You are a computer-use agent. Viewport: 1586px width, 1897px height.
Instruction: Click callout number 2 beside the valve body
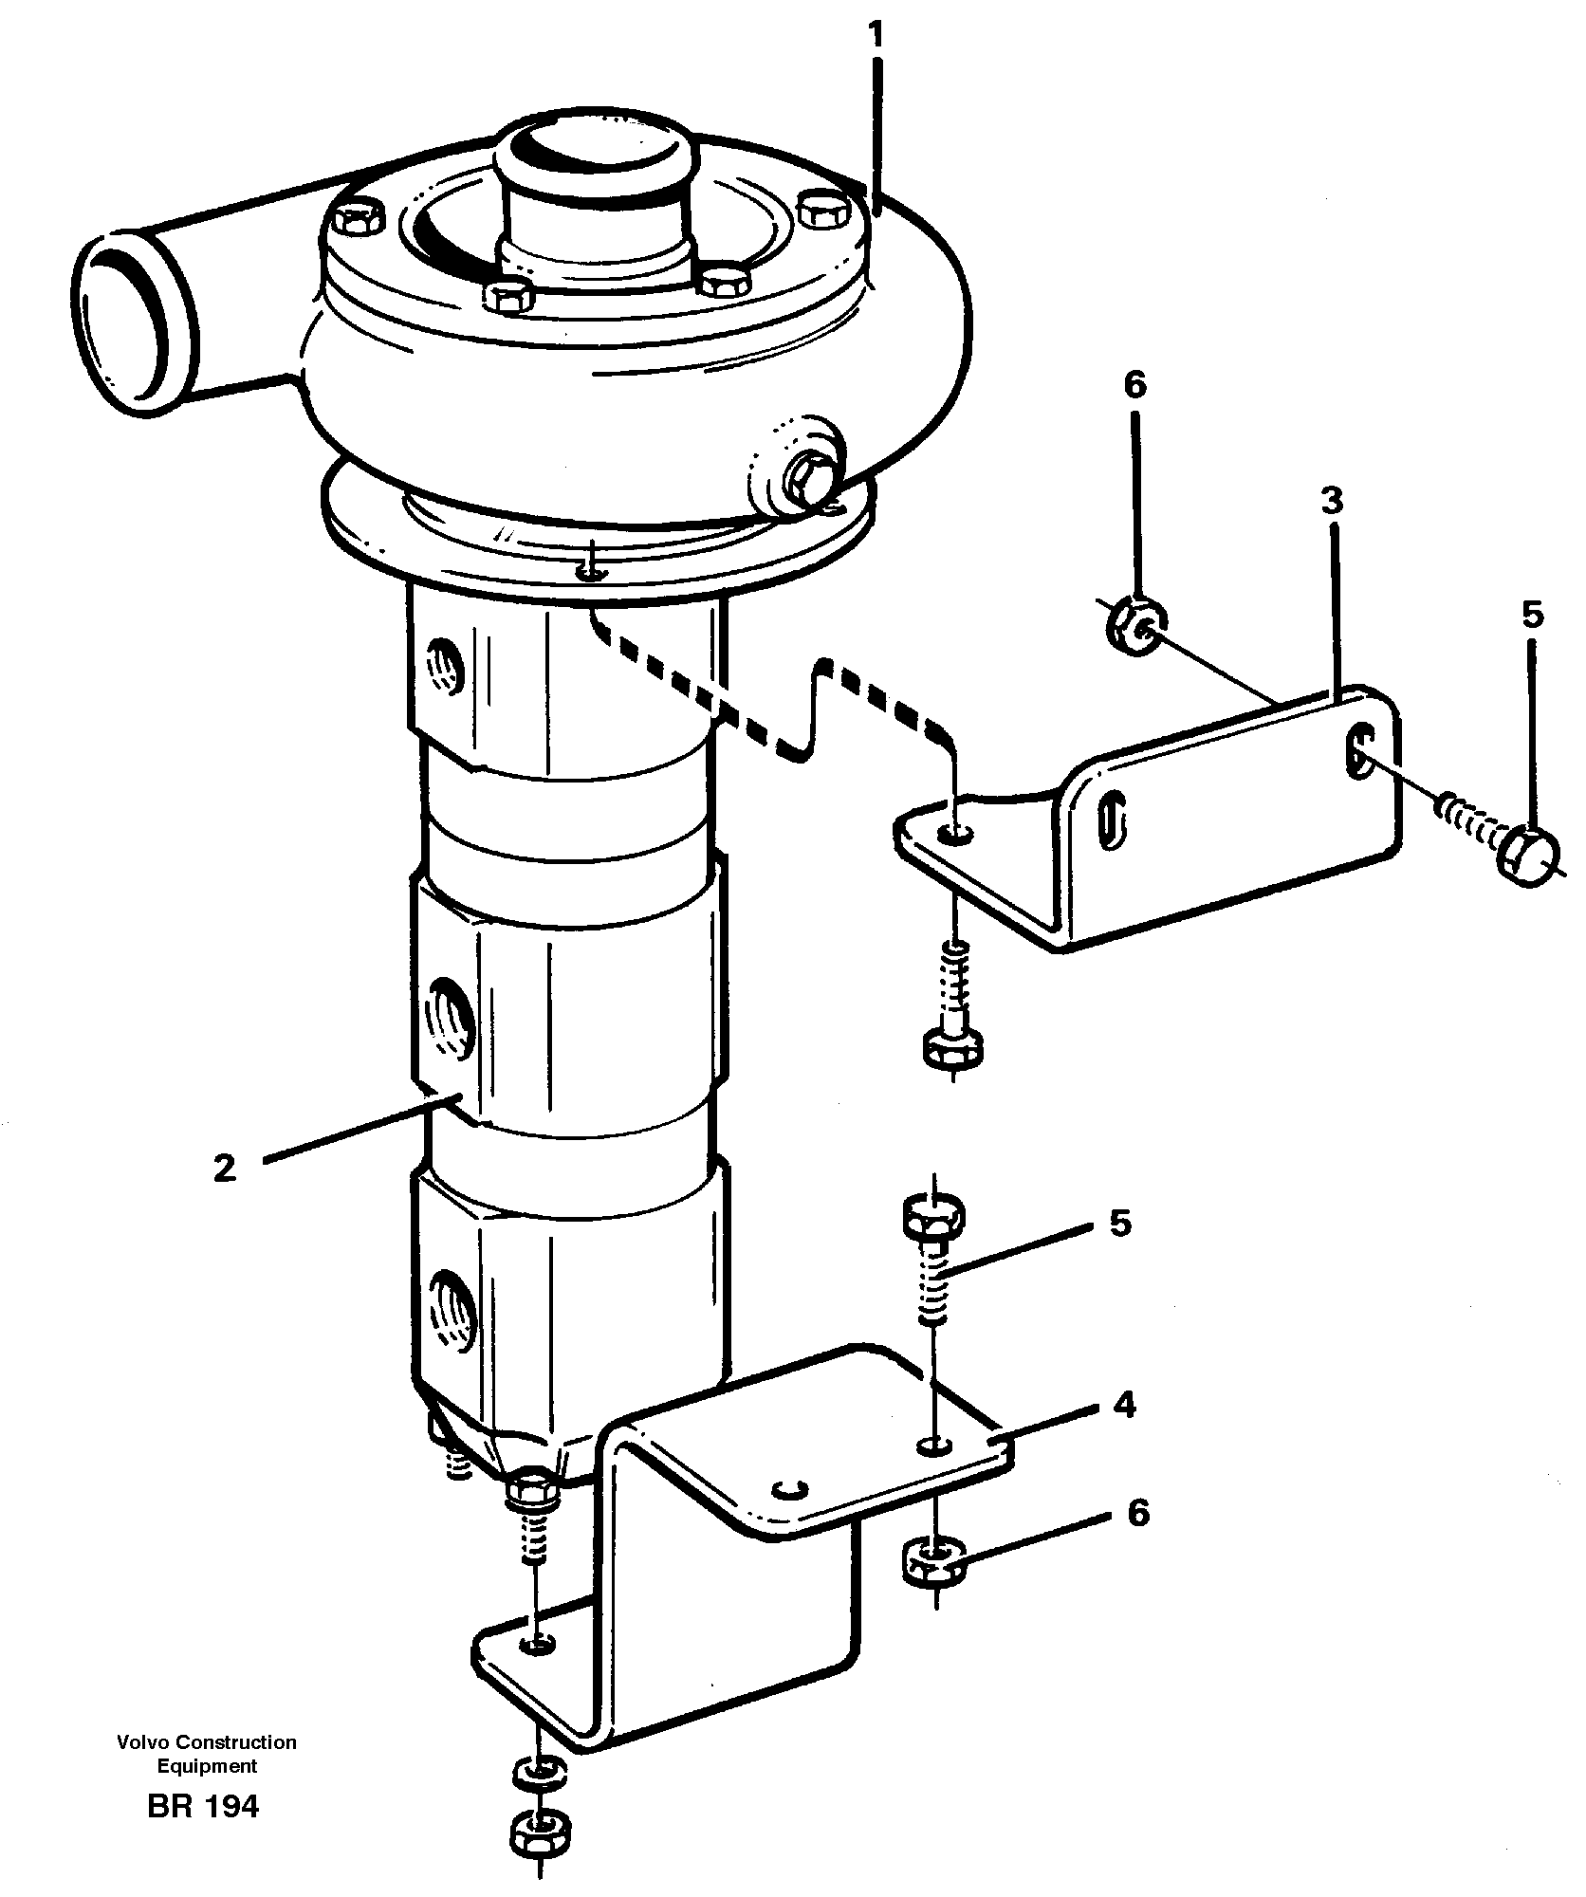224,1168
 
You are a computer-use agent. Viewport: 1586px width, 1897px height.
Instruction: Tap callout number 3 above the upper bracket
1333,501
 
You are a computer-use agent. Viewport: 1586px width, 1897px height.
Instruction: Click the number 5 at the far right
1532,615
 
